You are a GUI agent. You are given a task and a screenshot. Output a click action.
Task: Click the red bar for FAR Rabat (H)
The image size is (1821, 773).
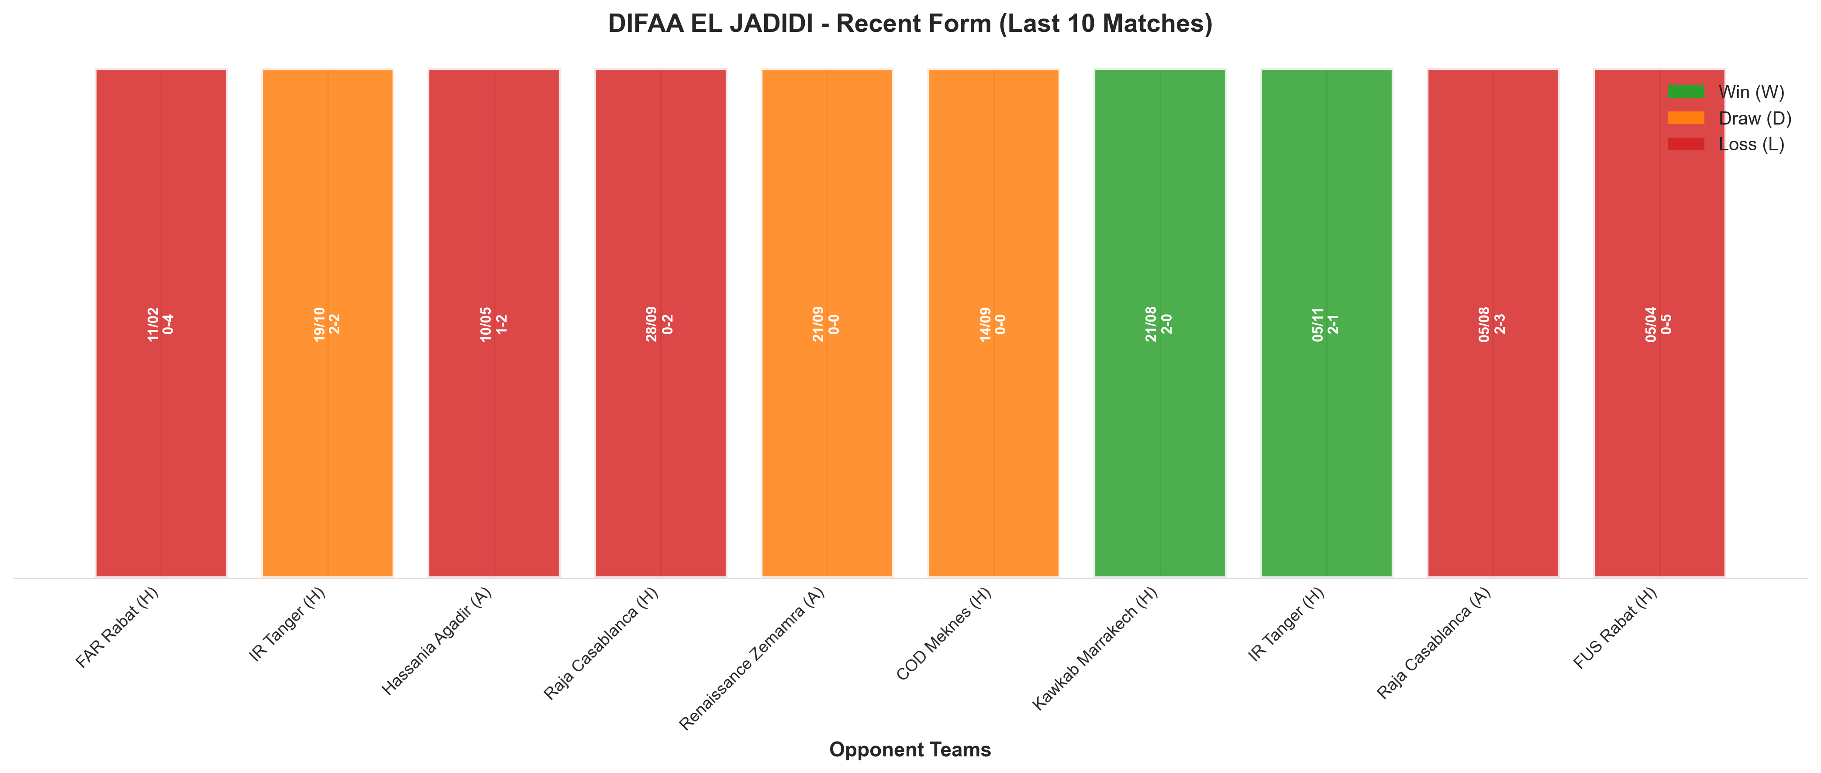[x=161, y=323]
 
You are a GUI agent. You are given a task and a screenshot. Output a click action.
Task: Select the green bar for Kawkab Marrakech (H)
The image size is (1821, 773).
[x=1160, y=323]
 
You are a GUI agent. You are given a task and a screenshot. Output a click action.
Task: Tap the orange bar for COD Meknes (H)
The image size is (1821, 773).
[x=993, y=323]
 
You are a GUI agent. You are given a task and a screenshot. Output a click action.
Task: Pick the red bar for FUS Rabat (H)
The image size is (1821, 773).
[x=1659, y=323]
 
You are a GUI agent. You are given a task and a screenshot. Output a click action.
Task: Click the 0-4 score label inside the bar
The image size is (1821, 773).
[x=168, y=324]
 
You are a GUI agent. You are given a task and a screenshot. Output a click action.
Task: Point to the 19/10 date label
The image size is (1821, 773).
[x=320, y=324]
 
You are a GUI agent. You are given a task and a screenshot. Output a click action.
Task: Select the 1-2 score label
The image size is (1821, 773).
[x=502, y=324]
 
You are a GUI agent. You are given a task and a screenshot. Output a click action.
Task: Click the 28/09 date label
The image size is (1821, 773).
[x=652, y=324]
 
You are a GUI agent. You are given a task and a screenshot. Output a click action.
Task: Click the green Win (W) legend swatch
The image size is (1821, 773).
[x=1686, y=92]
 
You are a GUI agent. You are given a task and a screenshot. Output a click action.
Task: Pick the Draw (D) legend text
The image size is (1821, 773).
[x=1755, y=118]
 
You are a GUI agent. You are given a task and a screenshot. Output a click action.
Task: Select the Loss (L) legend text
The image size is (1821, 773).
[x=1752, y=144]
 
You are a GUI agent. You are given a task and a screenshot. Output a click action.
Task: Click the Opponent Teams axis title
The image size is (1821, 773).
[x=910, y=750]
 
